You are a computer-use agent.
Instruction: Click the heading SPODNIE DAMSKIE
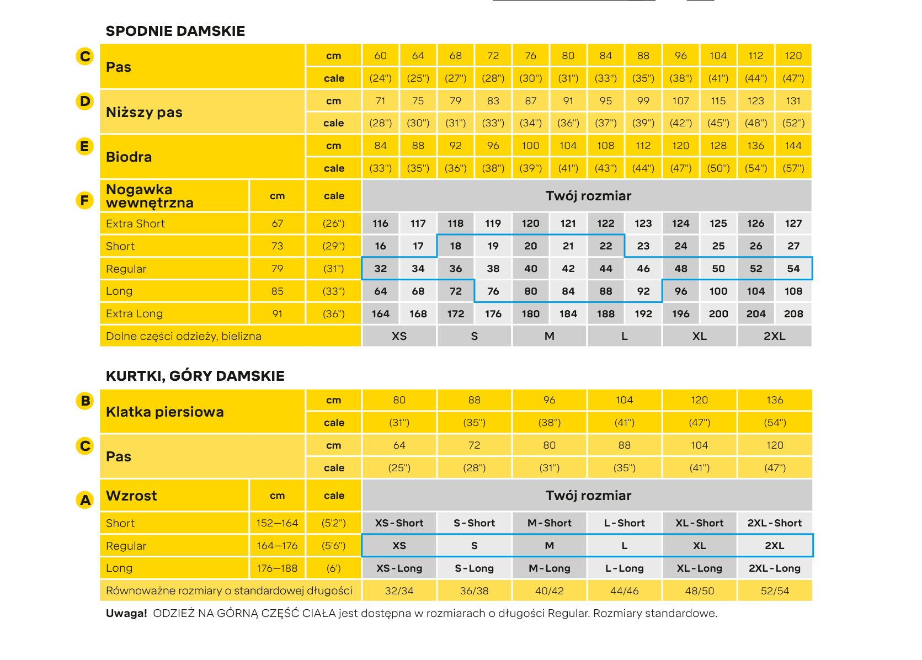click(x=175, y=31)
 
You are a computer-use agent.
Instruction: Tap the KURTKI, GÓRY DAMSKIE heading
click(x=195, y=376)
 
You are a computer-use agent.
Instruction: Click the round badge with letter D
click(x=85, y=102)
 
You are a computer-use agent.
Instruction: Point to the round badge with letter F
click(x=85, y=200)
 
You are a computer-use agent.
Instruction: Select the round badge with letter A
click(x=85, y=500)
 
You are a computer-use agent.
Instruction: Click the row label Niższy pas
click(x=144, y=113)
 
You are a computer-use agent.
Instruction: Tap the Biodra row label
click(x=129, y=157)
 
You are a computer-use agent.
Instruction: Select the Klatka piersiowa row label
click(x=164, y=412)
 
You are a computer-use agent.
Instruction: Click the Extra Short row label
click(x=135, y=223)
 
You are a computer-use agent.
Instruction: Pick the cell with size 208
click(x=793, y=314)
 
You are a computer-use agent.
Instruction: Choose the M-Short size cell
click(x=550, y=523)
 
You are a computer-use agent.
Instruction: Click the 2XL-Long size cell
click(x=775, y=568)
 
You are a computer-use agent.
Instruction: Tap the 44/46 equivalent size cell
click(x=625, y=591)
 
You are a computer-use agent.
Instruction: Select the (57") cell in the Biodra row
click(x=793, y=168)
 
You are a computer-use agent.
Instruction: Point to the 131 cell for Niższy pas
click(x=793, y=101)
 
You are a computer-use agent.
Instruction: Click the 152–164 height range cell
click(x=277, y=523)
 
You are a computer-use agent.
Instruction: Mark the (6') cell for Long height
click(x=334, y=568)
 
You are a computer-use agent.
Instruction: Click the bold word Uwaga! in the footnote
click(x=126, y=614)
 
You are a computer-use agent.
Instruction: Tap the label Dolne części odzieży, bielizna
click(x=184, y=337)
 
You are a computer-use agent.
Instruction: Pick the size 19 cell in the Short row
click(x=493, y=246)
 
